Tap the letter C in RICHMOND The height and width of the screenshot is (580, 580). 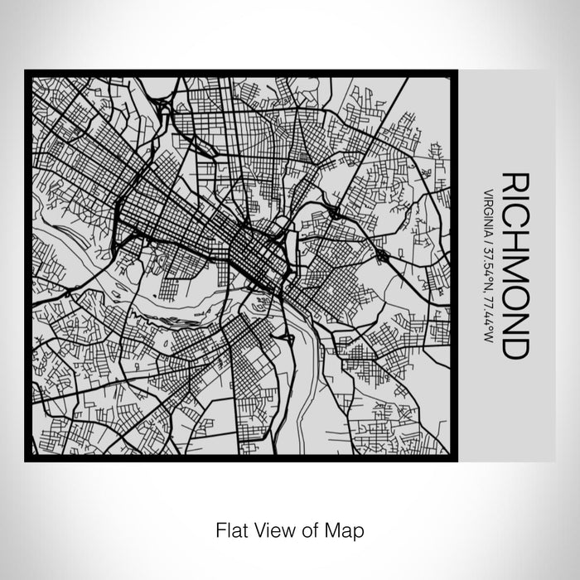(x=515, y=215)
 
